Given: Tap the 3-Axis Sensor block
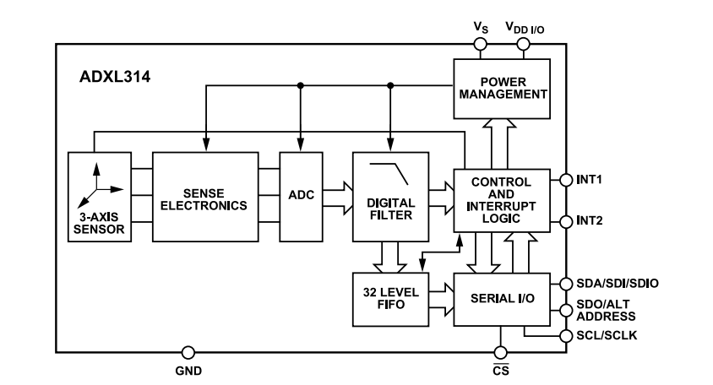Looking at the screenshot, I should click(101, 196).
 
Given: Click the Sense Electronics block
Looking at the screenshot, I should click(206, 196).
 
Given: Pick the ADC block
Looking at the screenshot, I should click(301, 196).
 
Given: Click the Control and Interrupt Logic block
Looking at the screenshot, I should click(502, 200).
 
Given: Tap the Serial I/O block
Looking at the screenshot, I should click(502, 300).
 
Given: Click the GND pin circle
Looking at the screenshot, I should click(188, 352).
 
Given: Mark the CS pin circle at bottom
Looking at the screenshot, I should click(501, 352).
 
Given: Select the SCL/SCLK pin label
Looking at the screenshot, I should click(606, 336).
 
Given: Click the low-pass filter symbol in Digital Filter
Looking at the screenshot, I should click(390, 173).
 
